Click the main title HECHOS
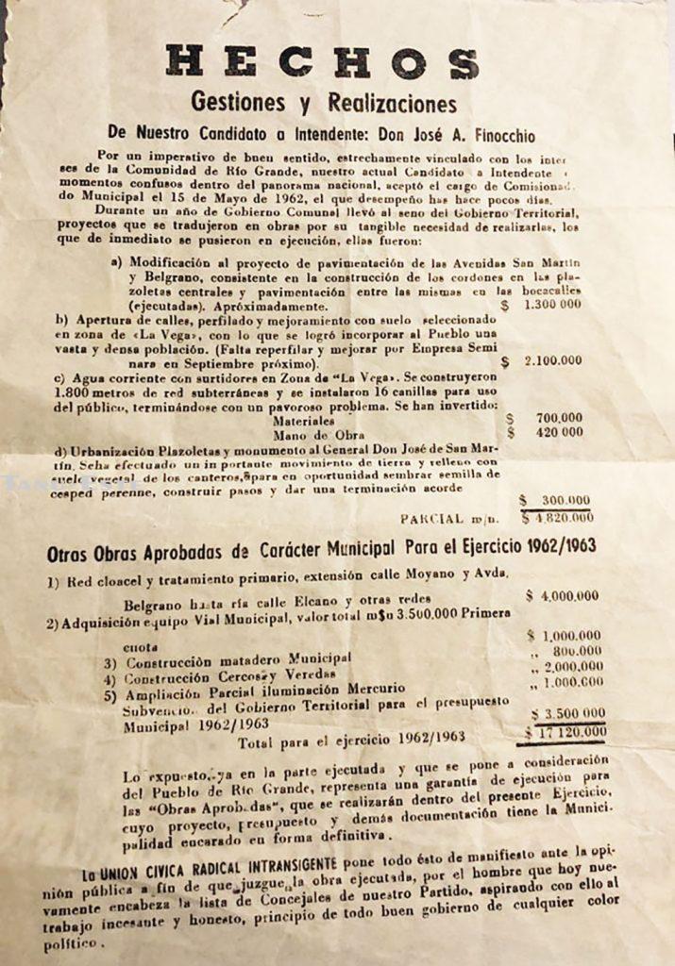(322, 62)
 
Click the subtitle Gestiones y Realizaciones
(323, 102)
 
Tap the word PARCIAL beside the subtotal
(431, 518)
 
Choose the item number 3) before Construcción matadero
(110, 663)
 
